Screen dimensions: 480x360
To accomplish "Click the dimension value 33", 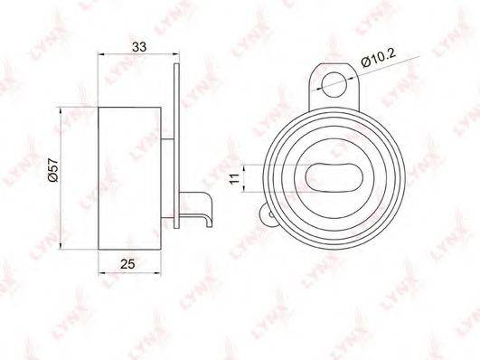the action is [x=139, y=47].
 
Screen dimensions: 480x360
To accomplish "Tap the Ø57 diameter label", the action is [x=53, y=169].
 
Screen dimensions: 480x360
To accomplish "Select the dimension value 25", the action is [x=127, y=263].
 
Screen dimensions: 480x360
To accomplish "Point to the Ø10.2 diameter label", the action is [x=379, y=57].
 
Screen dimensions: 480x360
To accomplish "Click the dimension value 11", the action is [x=235, y=178].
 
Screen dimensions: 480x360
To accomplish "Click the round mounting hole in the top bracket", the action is [x=334, y=84].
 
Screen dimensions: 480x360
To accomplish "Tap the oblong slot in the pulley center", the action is [x=334, y=177].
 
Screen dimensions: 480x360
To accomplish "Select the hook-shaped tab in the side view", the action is [x=196, y=208].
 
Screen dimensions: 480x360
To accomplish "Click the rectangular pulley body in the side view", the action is [x=129, y=178].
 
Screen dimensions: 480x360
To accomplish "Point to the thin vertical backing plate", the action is [x=176, y=146].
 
